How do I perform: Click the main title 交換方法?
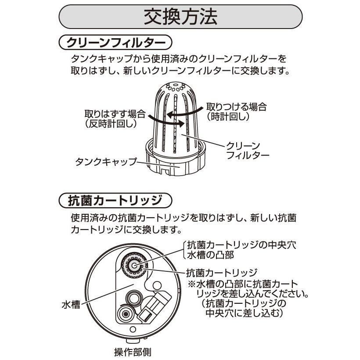click(x=180, y=18)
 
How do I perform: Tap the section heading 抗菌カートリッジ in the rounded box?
click(x=115, y=201)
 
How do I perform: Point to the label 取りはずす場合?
click(x=115, y=114)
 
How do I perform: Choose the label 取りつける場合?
click(x=236, y=107)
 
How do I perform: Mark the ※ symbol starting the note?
click(x=192, y=283)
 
